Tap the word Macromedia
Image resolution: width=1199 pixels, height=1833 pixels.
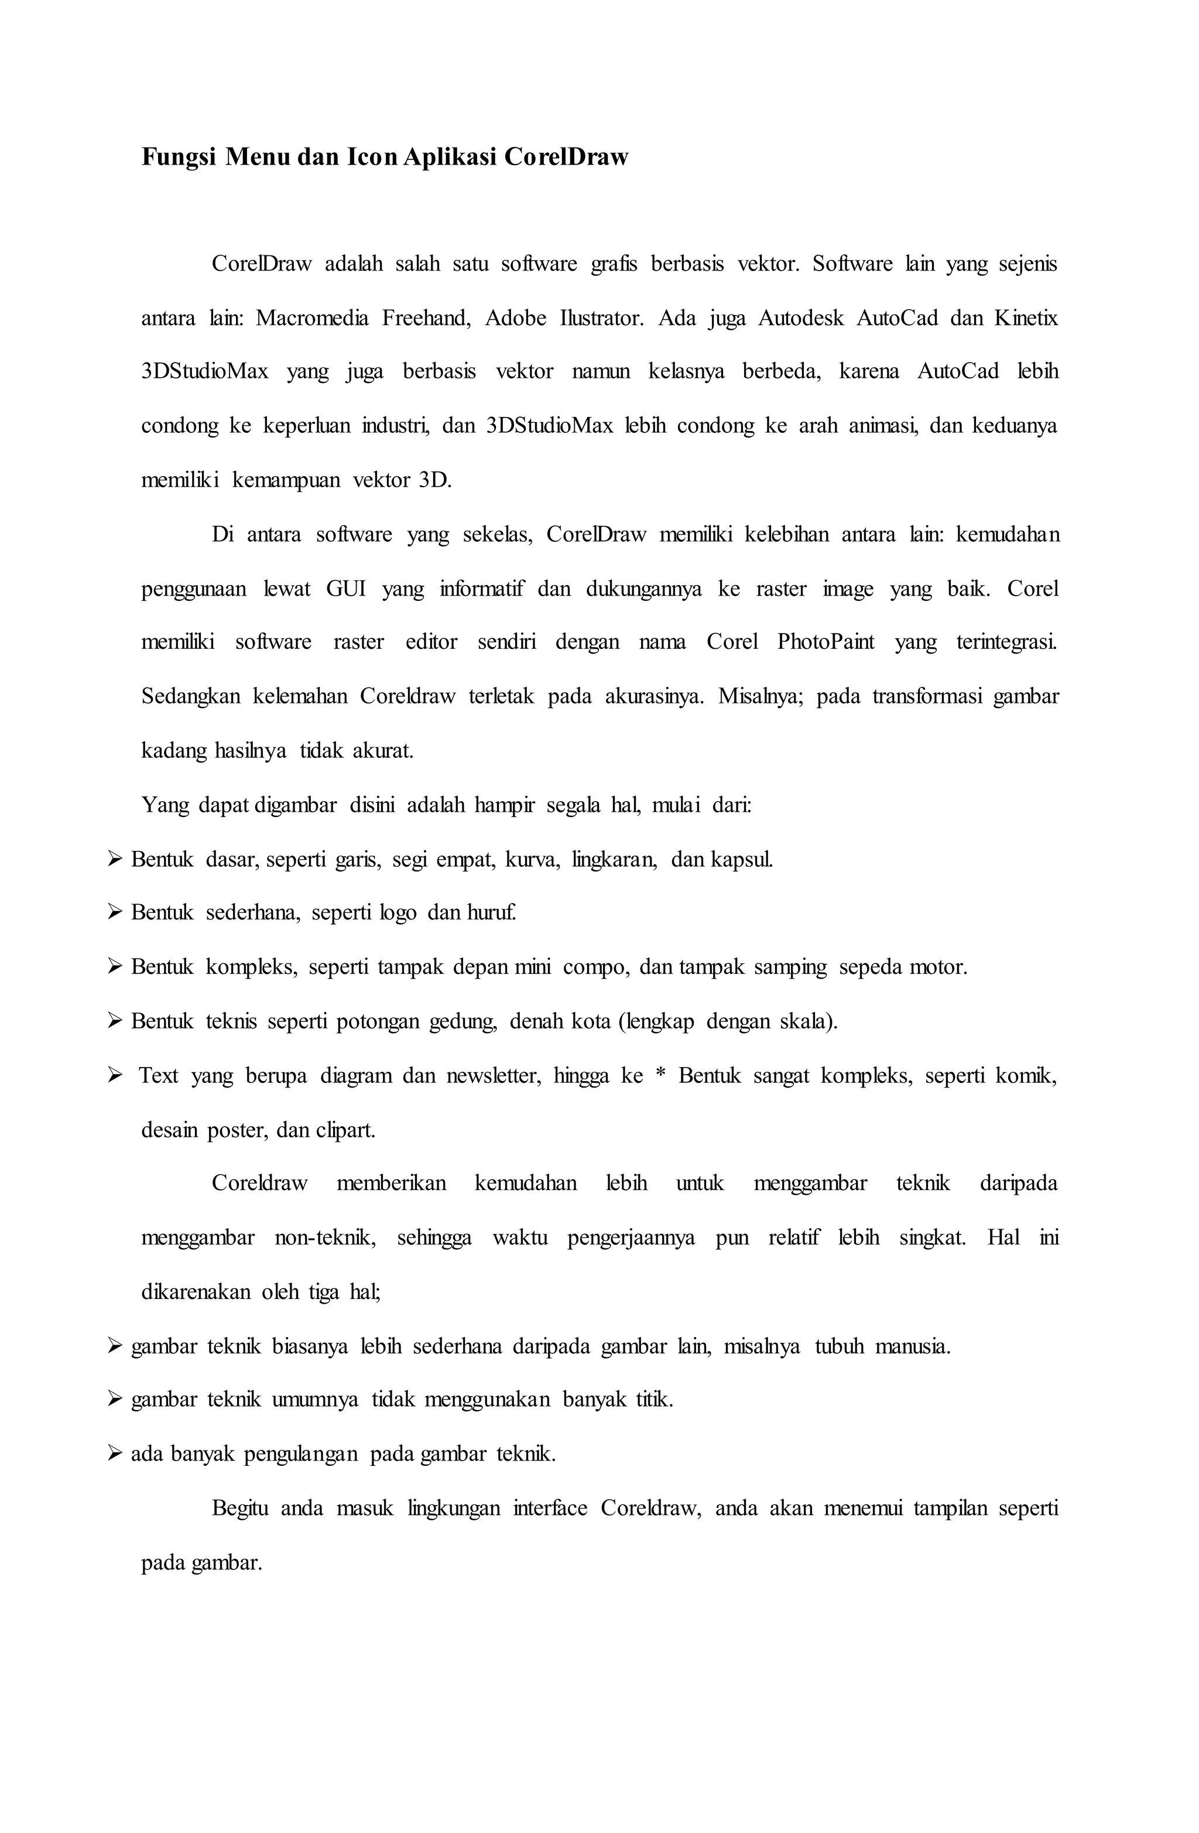(x=312, y=318)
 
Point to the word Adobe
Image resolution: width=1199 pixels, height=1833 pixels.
(x=515, y=318)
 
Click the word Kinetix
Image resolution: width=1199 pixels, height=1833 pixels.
(x=1026, y=318)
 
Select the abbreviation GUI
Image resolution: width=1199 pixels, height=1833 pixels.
(x=346, y=589)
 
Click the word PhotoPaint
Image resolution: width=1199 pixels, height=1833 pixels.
(x=825, y=642)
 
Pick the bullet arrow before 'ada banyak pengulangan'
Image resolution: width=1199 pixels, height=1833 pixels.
(x=115, y=1454)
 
